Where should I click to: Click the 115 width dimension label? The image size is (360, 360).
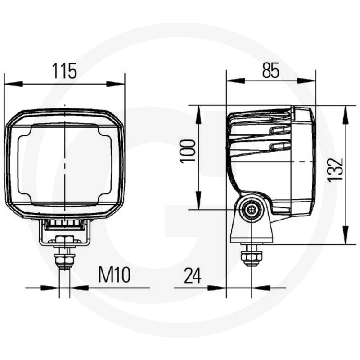64,71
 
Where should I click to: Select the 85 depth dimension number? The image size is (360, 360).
271,71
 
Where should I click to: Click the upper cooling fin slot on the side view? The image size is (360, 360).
279,130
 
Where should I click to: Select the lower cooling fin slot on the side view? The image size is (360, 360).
279,146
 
